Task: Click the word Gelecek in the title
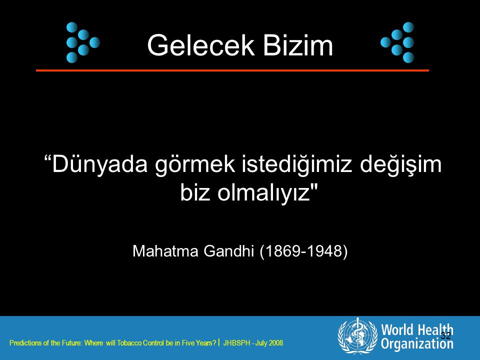click(x=201, y=45)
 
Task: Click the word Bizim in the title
click(x=298, y=45)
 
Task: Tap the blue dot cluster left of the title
click(x=83, y=42)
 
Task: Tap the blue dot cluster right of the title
click(x=397, y=42)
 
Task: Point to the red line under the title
click(x=232, y=70)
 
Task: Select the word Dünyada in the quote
click(x=100, y=164)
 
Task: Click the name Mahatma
click(x=165, y=251)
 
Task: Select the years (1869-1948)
click(x=303, y=251)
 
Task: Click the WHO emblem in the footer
click(x=357, y=336)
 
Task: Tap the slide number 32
click(x=445, y=335)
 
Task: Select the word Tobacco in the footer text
click(x=129, y=343)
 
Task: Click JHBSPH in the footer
click(x=237, y=343)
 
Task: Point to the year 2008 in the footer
click(x=276, y=343)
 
